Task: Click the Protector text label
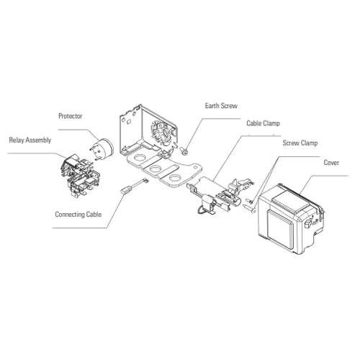[71, 116]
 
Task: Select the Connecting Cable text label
[78, 214]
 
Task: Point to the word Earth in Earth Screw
[214, 105]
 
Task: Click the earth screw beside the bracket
[185, 150]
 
